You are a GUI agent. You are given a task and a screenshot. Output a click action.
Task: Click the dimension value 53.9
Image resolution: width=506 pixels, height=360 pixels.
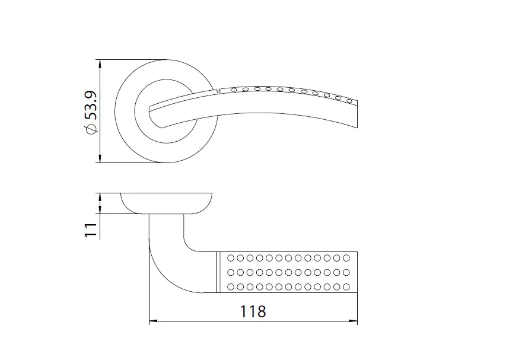(x=91, y=105)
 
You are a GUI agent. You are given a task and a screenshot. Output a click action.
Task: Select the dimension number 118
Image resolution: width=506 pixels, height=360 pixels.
(x=253, y=311)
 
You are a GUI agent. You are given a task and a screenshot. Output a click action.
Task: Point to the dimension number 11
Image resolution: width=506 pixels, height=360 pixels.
(x=91, y=230)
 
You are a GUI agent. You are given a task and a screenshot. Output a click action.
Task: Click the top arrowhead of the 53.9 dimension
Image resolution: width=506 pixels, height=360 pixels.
(x=100, y=64)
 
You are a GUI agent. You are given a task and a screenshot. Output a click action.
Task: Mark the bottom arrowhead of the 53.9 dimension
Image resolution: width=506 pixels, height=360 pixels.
(x=100, y=158)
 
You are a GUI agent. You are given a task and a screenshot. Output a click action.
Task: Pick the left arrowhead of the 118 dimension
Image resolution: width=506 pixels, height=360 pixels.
(x=153, y=321)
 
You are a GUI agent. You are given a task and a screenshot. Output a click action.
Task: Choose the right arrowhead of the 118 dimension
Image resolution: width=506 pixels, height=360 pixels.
(x=354, y=321)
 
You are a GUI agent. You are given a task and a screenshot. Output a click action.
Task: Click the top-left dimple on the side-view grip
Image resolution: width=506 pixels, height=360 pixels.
(x=230, y=258)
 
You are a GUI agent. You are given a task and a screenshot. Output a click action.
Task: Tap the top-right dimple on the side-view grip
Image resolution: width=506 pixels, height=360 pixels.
(x=346, y=258)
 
